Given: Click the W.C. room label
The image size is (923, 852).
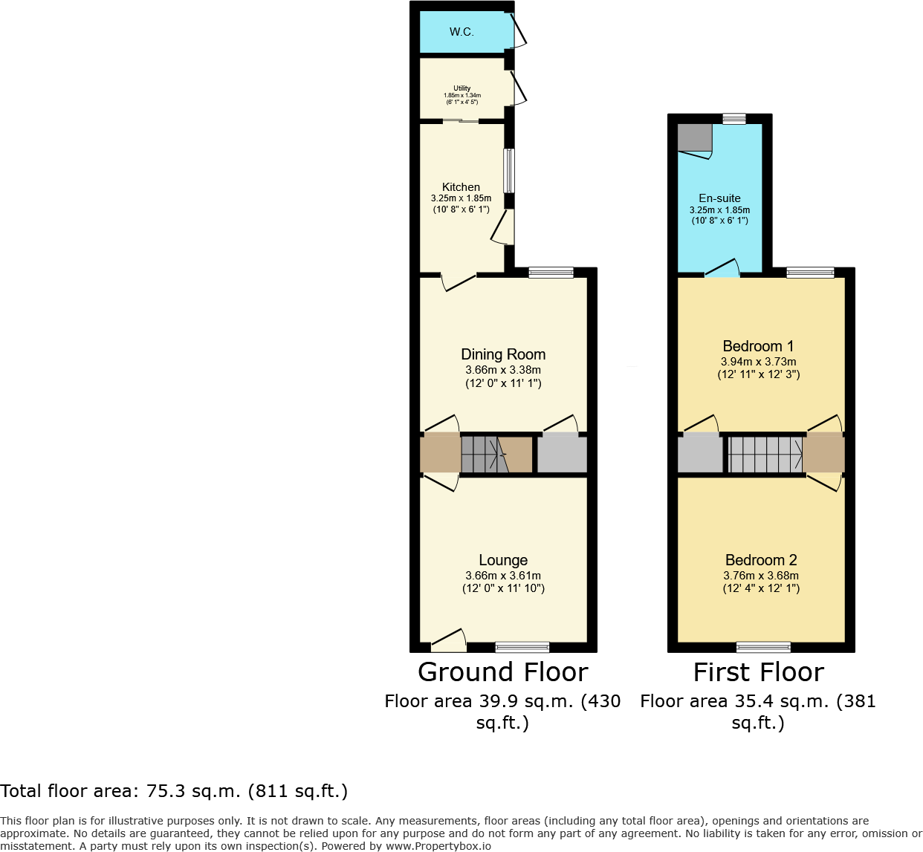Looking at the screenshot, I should [461, 32].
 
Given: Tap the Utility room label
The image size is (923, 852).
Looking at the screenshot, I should [461, 88].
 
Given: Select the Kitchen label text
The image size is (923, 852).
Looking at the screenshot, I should [461, 187].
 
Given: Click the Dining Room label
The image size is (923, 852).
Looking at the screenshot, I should [503, 354].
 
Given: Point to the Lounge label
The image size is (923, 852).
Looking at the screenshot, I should [503, 560].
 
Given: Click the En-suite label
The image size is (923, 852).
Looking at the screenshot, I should [719, 198].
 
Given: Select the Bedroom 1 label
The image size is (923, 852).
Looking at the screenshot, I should [758, 346].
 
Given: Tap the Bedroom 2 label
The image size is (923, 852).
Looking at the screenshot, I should [761, 560].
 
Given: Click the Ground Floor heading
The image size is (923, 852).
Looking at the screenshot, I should [503, 672].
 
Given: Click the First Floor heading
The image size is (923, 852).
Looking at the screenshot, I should [758, 672].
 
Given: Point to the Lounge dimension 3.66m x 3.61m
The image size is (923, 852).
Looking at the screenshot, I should [503, 576].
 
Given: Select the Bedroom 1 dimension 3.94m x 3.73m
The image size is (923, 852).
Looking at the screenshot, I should [758, 362].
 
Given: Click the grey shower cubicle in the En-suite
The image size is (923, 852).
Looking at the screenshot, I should [694, 137].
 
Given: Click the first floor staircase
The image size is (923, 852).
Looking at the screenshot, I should [765, 455].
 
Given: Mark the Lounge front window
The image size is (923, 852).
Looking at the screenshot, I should [522, 646].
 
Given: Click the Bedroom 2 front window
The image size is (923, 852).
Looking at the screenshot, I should [763, 646].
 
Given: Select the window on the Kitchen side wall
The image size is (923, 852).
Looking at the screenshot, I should [509, 171].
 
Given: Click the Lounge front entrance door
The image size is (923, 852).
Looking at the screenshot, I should [449, 640].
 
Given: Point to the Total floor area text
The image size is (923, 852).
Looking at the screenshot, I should [174, 791].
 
